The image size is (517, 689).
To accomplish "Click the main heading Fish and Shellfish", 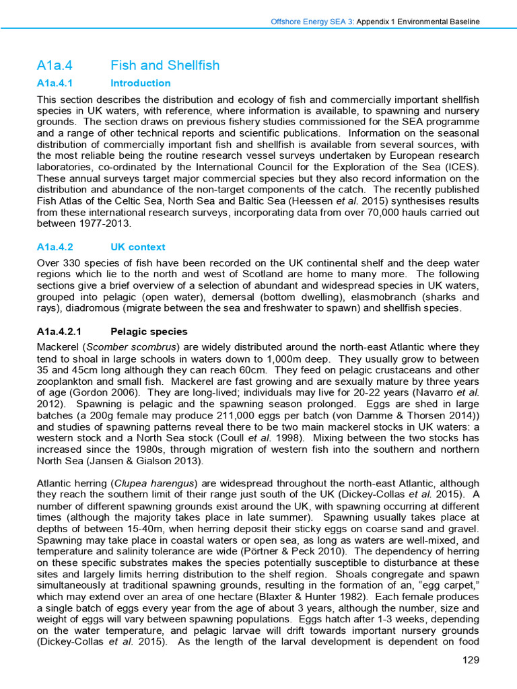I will (164, 65).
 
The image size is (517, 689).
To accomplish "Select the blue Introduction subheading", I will (140, 83).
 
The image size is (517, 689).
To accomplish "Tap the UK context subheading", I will (137, 247).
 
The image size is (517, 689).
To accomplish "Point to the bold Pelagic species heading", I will (148, 332).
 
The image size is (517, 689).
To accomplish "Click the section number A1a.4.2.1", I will (59, 332).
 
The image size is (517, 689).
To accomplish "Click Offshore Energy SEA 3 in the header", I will (312, 22).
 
